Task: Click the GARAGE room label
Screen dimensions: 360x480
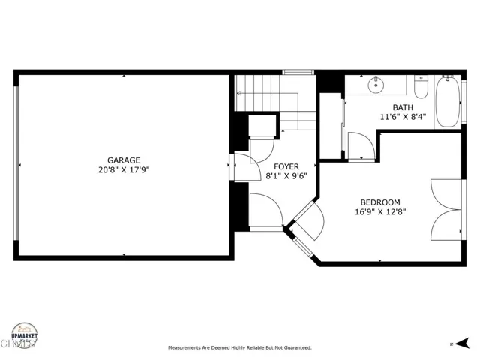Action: pos(124,160)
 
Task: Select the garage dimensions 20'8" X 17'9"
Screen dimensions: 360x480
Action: pos(124,169)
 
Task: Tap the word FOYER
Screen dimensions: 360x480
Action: pos(286,166)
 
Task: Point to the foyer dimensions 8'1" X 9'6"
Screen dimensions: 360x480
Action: pos(286,176)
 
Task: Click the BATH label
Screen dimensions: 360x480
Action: pos(402,107)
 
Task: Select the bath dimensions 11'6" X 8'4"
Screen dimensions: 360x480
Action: pos(403,117)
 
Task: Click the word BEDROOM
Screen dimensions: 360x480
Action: pos(380,202)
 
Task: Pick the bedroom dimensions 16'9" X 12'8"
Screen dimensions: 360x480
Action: pos(380,212)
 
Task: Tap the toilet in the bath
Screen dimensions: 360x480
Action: pos(421,89)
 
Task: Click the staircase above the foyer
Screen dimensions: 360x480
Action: pos(274,101)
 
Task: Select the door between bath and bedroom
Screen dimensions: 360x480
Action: pos(359,147)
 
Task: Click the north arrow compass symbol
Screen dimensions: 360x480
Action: pos(454,343)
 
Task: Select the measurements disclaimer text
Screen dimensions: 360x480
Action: pos(239,348)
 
